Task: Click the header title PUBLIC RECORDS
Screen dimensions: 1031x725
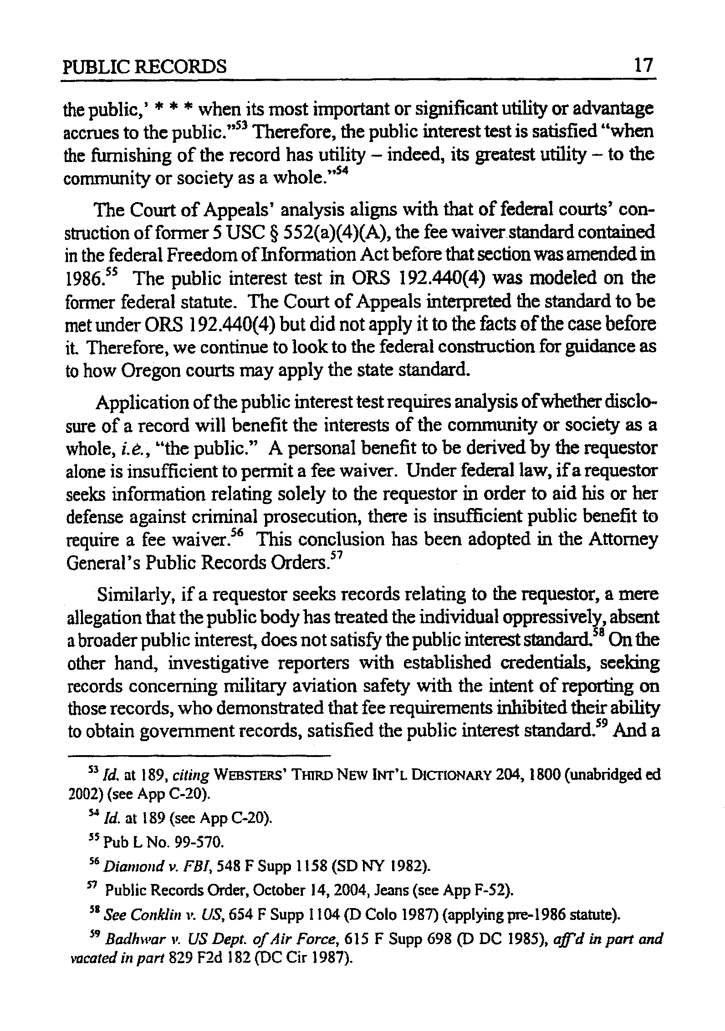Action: (144, 68)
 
